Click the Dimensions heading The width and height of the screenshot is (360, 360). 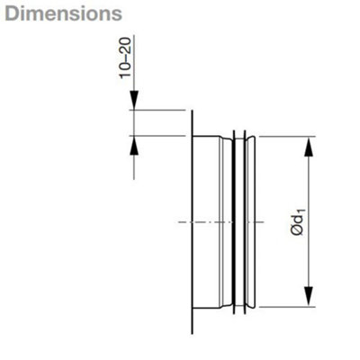pyautogui.click(x=64, y=13)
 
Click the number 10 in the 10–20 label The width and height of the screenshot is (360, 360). pyautogui.click(x=125, y=71)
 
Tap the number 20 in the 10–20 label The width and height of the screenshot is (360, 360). pyautogui.click(x=125, y=45)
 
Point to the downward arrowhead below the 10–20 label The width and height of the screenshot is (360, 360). pyautogui.click(x=134, y=100)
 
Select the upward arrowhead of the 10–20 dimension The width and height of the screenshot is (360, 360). pyautogui.click(x=134, y=145)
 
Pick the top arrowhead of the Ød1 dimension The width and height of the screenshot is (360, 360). pyautogui.click(x=309, y=147)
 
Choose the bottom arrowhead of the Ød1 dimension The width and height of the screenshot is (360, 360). pyautogui.click(x=309, y=297)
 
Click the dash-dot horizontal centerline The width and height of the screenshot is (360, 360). pyautogui.click(x=221, y=222)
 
